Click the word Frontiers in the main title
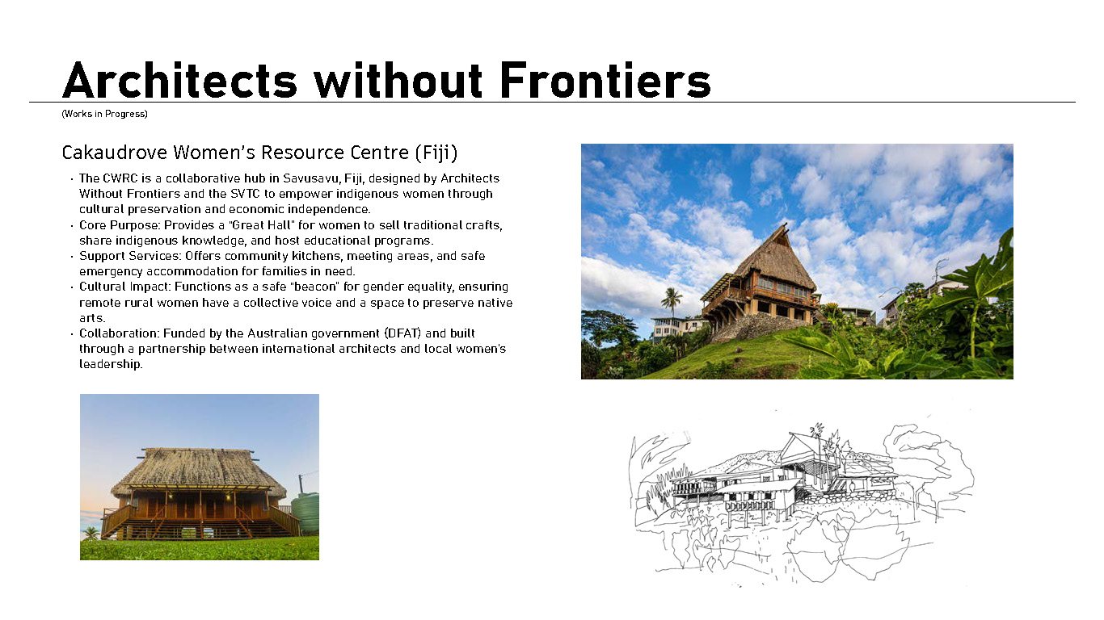coord(605,81)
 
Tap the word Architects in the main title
coord(179,81)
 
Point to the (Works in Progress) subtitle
coord(104,114)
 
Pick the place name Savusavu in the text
coord(311,178)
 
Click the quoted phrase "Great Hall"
coord(263,225)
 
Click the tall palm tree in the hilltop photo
coord(671,303)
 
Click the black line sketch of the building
coord(800,496)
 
